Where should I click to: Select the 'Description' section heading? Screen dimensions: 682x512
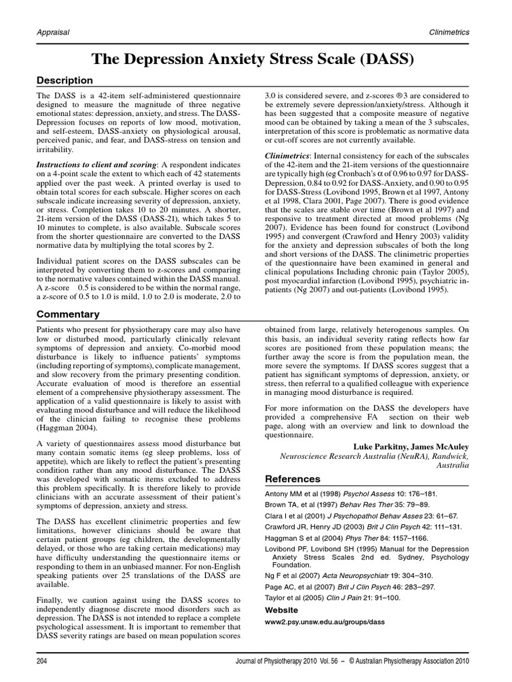pos(65,81)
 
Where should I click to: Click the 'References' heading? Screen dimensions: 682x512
pos(293,479)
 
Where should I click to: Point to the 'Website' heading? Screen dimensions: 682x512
pos(281,610)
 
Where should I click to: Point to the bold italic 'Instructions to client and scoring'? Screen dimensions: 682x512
pos(97,165)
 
